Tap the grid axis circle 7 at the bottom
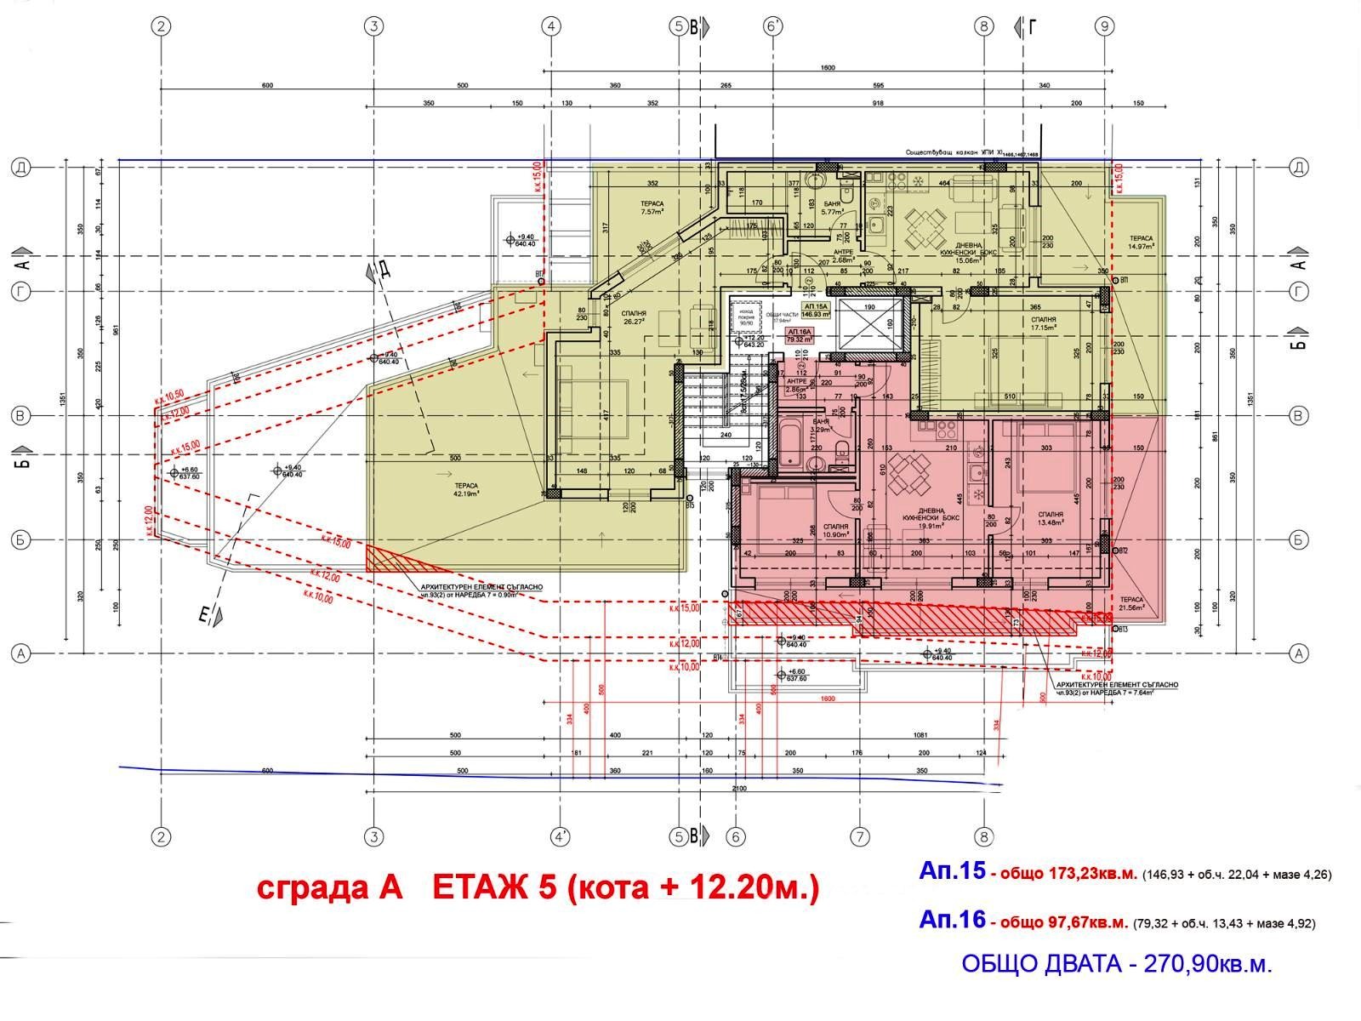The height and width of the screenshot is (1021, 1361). (x=859, y=838)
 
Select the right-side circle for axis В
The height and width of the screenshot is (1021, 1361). (x=1298, y=416)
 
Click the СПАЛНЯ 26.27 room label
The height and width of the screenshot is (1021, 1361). (x=630, y=317)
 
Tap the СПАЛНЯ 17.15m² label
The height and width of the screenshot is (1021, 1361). (x=1043, y=322)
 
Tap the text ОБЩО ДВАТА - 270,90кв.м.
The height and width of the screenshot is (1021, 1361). (x=1117, y=964)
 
